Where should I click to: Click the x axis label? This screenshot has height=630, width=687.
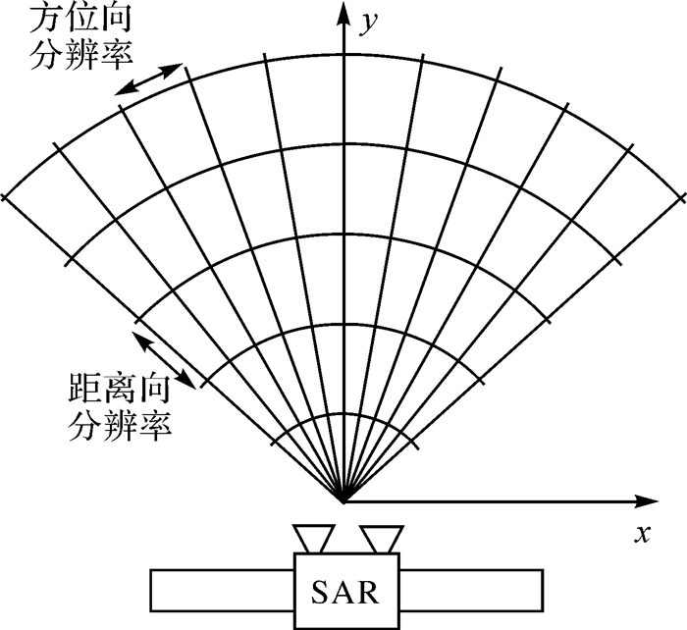coord(643,534)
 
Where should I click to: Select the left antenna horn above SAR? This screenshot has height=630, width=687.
coord(315,539)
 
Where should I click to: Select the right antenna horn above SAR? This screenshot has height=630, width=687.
coord(382,539)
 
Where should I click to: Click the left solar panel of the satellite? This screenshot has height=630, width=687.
coord(222,589)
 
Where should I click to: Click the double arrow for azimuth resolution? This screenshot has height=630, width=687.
coord(148,79)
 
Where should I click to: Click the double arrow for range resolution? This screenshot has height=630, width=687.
coord(169,359)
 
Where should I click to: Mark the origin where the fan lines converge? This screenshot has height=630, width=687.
coord(343,501)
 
